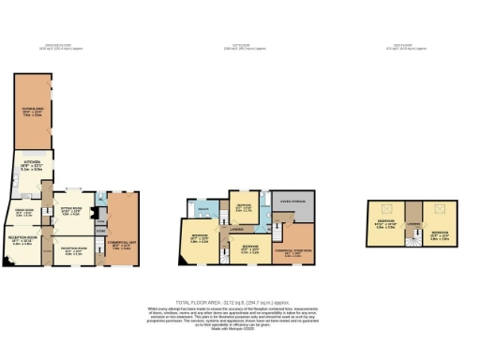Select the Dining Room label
(23, 213)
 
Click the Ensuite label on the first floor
(202, 210)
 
